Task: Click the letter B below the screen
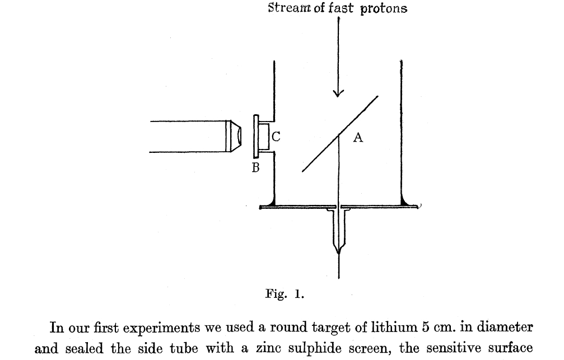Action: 255,167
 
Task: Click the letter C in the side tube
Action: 276,135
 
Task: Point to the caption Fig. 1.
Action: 284,295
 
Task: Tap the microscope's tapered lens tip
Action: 239,135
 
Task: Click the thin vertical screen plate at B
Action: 255,136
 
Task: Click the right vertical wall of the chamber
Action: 402,129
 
